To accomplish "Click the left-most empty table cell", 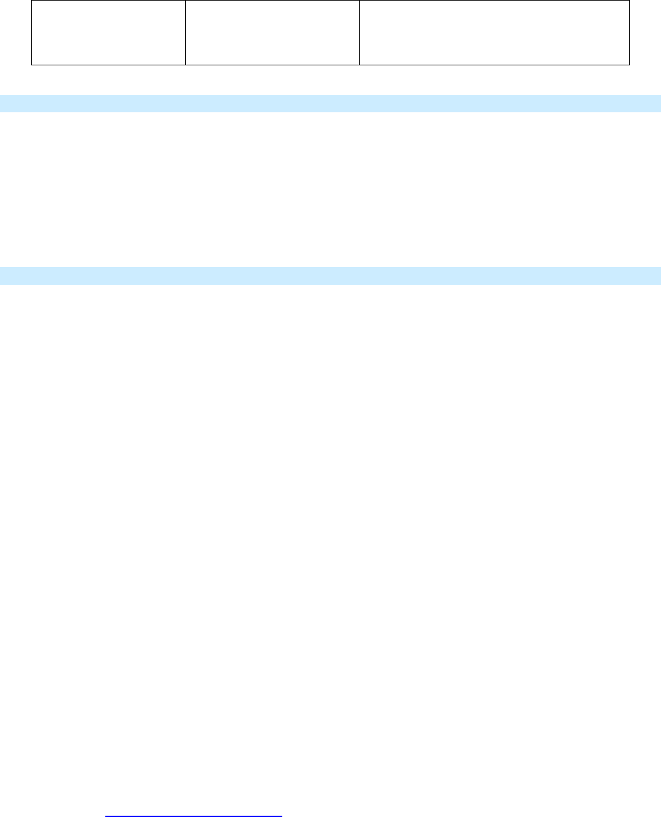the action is click(x=108, y=32).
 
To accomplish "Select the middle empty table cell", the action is click(x=272, y=32).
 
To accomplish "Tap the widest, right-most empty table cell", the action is click(x=494, y=32).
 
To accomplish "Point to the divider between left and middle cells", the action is click(x=185, y=32).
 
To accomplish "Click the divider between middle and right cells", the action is click(x=359, y=32).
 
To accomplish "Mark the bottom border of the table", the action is click(x=330, y=65).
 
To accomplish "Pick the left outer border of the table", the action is click(x=32, y=32).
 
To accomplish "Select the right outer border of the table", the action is click(x=629, y=32).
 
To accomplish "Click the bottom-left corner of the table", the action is click(x=32, y=65).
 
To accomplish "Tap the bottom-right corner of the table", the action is click(x=629, y=65).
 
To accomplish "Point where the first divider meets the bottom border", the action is click(x=185, y=65).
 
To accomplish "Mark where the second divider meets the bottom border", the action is click(x=359, y=65).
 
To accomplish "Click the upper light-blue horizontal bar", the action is click(x=330, y=103).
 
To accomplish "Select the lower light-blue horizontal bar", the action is click(x=330, y=276).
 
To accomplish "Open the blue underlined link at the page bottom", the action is click(x=193, y=813).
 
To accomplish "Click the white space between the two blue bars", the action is click(x=330, y=190).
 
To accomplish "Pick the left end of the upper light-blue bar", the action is click(x=3, y=103).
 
